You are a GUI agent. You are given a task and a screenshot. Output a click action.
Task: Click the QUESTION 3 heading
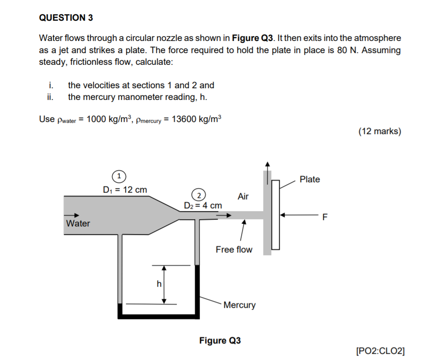[66, 18]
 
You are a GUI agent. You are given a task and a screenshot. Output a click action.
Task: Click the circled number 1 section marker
[118, 175]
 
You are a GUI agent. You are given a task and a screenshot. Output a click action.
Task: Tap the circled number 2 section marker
[198, 194]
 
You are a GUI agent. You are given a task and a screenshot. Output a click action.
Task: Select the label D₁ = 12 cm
[125, 189]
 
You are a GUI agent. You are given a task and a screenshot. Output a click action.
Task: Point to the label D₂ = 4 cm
[203, 206]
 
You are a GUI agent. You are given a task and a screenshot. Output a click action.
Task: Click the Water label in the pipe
[78, 224]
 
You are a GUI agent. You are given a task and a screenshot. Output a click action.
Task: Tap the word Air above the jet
[243, 196]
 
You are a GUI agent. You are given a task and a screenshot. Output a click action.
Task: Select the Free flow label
[234, 249]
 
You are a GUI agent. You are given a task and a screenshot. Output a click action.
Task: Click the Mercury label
[239, 305]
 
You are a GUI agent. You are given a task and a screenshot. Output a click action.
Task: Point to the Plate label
[309, 180]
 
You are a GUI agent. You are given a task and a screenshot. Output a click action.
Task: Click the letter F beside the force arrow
[326, 218]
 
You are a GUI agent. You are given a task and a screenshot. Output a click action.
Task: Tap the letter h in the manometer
[158, 284]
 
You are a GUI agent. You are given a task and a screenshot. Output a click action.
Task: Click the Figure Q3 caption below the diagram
[220, 341]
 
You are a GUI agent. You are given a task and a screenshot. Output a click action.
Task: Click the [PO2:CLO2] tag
[380, 351]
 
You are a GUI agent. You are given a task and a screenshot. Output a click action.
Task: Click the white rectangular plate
[276, 215]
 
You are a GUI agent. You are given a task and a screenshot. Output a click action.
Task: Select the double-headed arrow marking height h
[164, 284]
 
